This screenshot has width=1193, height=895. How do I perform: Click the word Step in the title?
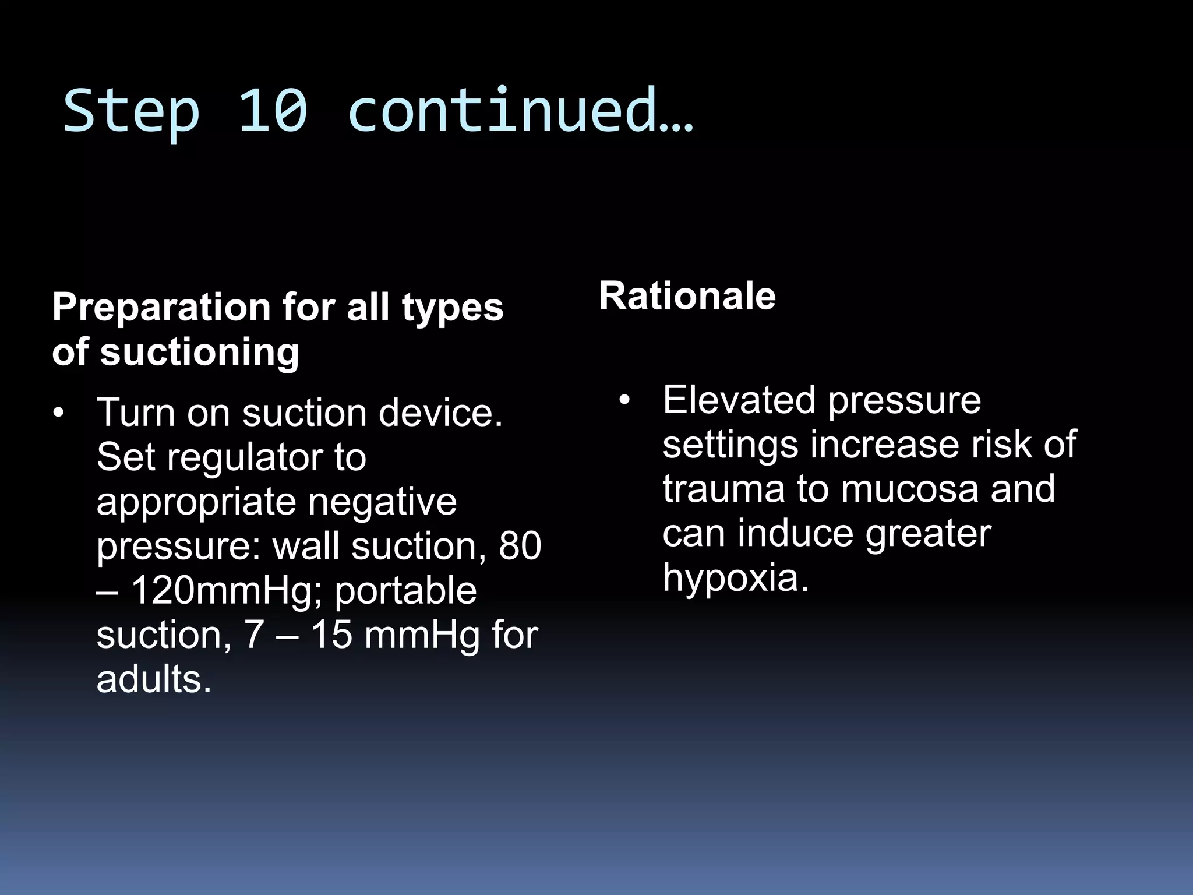131,111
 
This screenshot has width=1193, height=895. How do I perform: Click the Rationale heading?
687,296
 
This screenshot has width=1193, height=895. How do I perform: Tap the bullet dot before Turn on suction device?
58,413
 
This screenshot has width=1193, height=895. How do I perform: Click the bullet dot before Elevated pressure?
625,400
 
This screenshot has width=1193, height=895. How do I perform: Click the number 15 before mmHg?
331,635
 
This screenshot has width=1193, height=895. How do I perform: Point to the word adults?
153,679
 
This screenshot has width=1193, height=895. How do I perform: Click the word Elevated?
739,400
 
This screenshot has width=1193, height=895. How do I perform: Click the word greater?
927,533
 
